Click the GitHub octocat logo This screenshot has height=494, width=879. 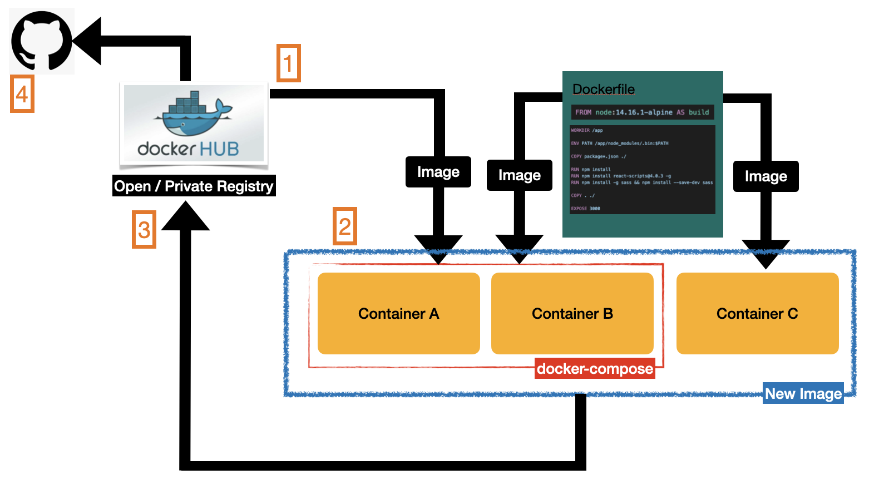click(42, 41)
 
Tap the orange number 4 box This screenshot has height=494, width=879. click(22, 94)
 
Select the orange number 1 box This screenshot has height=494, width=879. click(289, 63)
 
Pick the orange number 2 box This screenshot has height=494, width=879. click(345, 226)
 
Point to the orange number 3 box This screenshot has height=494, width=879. click(144, 229)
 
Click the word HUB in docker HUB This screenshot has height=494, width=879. click(219, 149)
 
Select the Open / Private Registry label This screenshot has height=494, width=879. click(194, 186)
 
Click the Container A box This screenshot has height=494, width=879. click(398, 313)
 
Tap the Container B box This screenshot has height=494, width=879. click(572, 313)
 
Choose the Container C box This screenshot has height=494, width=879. click(757, 313)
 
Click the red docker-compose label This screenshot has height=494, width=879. click(595, 369)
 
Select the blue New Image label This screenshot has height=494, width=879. click(803, 393)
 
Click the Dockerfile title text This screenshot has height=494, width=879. click(604, 89)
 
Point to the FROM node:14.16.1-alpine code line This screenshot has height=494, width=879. click(642, 112)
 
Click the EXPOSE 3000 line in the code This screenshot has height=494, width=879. click(585, 209)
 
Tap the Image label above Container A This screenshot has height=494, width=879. click(438, 172)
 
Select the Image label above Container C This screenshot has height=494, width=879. click(766, 176)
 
